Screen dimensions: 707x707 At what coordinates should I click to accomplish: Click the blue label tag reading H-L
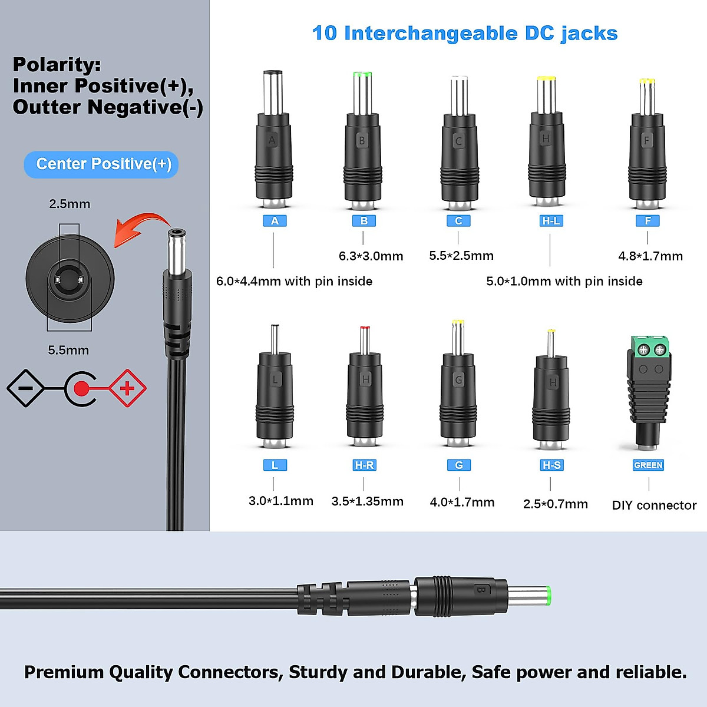point(551,221)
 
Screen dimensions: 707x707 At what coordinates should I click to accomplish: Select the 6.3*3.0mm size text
point(371,256)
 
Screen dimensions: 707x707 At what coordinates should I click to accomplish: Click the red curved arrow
point(140,229)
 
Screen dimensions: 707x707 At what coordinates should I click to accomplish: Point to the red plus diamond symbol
point(127,388)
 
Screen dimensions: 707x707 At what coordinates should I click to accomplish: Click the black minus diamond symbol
point(25,388)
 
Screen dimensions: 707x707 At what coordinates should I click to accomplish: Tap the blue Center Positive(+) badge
point(101,164)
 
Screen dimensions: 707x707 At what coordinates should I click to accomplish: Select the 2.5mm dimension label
point(70,204)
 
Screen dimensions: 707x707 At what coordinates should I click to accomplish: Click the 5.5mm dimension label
point(68,351)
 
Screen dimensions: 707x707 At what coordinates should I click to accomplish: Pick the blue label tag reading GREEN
point(648,465)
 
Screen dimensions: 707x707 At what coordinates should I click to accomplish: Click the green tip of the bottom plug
point(548,596)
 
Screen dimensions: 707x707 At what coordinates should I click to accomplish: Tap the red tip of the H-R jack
point(365,328)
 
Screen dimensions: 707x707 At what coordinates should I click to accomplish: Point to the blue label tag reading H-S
point(551,465)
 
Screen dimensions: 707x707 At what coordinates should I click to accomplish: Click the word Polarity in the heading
point(57,65)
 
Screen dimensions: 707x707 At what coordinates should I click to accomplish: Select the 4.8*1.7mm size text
point(650,256)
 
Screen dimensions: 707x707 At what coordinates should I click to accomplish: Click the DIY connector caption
point(654,506)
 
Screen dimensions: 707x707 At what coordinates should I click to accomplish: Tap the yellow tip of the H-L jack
point(546,78)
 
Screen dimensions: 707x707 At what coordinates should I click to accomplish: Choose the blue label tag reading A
point(275,221)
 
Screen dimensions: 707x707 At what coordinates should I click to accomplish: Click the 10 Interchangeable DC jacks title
point(464,34)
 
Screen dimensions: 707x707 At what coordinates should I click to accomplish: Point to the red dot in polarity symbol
point(81,388)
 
